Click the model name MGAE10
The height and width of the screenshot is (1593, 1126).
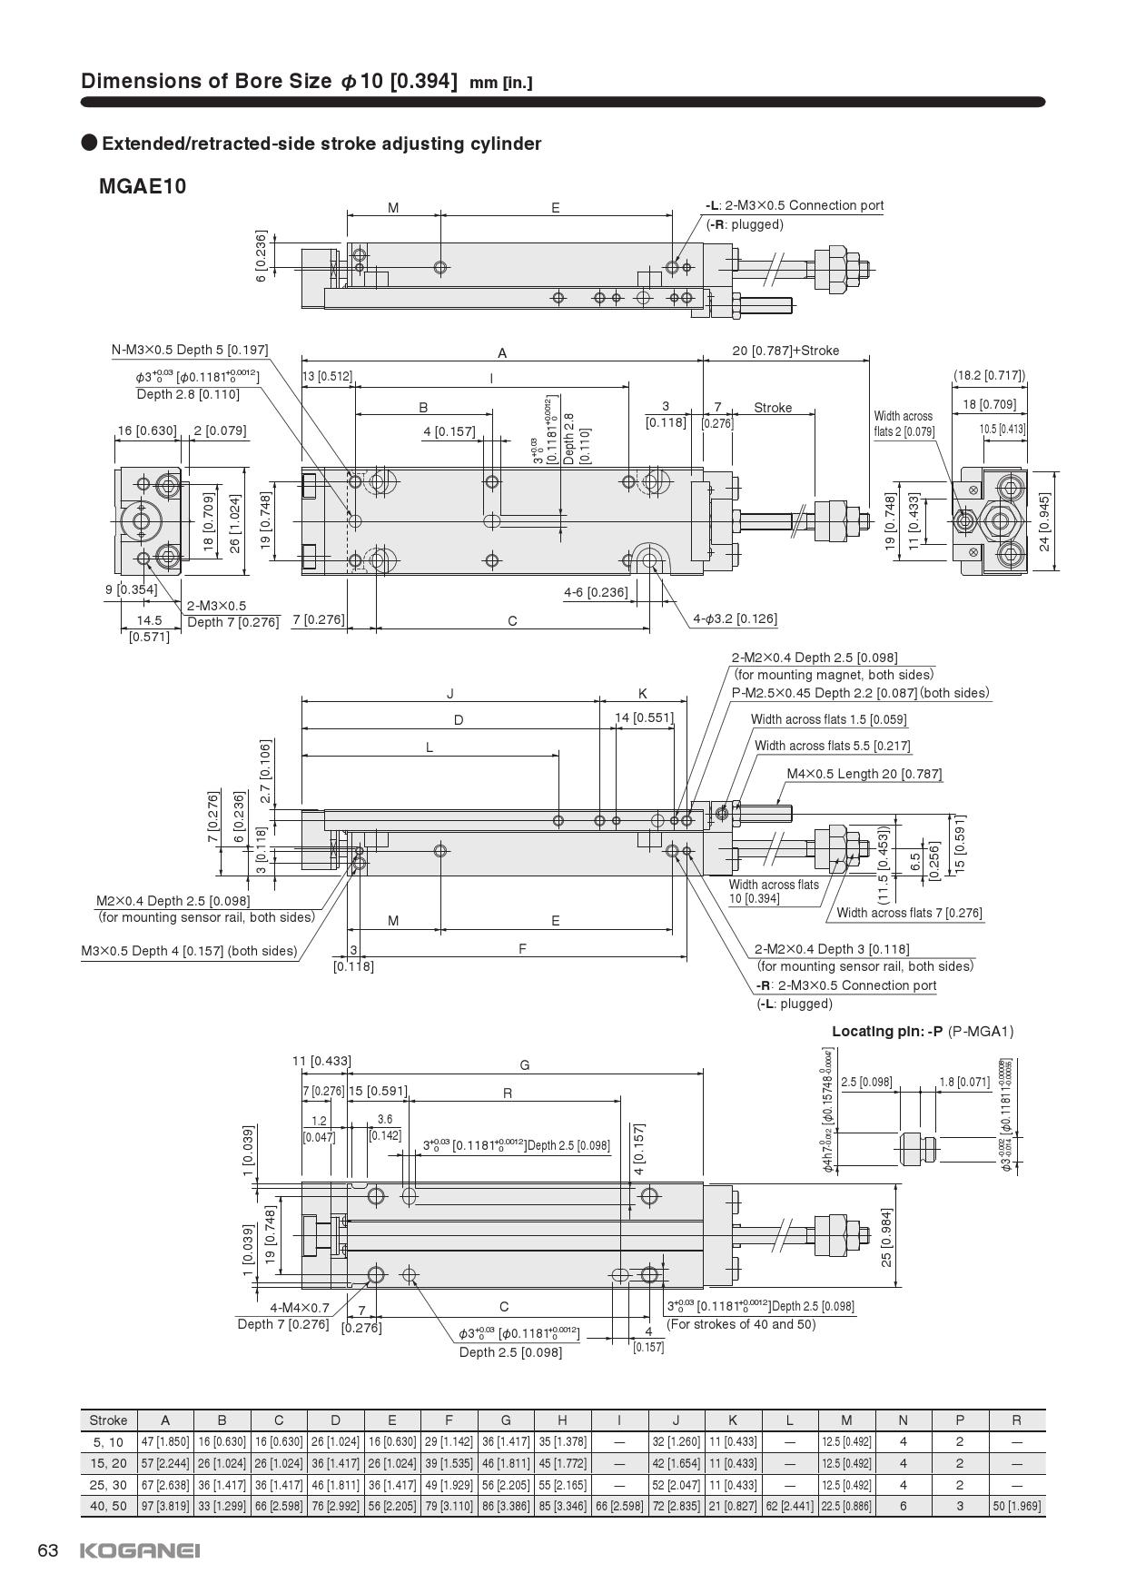pyautogui.click(x=143, y=186)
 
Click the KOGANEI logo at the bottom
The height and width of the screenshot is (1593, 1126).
pyautogui.click(x=140, y=1550)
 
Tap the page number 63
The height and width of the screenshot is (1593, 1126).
pyautogui.click(x=48, y=1550)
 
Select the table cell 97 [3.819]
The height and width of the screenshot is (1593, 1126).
pyautogui.click(x=165, y=1506)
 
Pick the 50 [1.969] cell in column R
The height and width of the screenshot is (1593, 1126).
pyautogui.click(x=1016, y=1506)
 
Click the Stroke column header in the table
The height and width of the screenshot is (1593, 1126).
pyautogui.click(x=108, y=1420)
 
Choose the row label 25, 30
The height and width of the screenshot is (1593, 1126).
pyautogui.click(x=108, y=1485)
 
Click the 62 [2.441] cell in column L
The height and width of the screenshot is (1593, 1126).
pyautogui.click(x=789, y=1506)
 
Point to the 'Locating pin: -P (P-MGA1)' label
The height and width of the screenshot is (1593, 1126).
pyautogui.click(x=923, y=1031)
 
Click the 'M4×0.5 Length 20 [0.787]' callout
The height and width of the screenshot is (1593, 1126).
pyautogui.click(x=864, y=774)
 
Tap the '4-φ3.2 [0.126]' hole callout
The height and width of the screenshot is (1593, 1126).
pyautogui.click(x=735, y=619)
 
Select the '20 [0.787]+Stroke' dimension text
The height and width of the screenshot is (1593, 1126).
pyautogui.click(x=785, y=351)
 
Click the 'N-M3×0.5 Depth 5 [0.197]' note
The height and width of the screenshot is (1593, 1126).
pyautogui.click(x=190, y=350)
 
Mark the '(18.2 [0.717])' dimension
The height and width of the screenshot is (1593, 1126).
pyautogui.click(x=989, y=375)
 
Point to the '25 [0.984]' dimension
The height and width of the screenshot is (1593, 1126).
pyautogui.click(x=887, y=1236)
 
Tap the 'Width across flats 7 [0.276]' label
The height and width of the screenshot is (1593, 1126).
pyautogui.click(x=909, y=913)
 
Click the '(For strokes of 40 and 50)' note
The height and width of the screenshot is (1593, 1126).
pyautogui.click(x=741, y=1324)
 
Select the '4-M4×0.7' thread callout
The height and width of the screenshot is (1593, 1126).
pyautogui.click(x=300, y=1308)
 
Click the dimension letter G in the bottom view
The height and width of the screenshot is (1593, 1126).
pyautogui.click(x=525, y=1064)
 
